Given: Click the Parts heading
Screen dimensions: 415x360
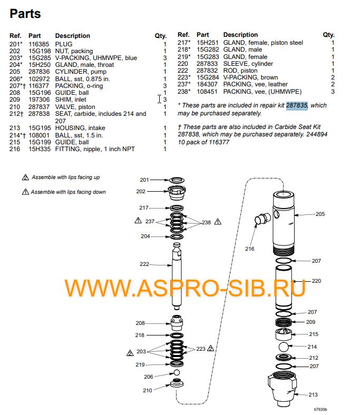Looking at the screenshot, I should coord(25,13).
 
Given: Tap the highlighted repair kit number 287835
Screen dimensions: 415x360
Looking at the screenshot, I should coord(297,105).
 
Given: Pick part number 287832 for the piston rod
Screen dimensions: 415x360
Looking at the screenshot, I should coord(207,71).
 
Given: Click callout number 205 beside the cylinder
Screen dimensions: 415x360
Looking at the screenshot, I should coord(320,214).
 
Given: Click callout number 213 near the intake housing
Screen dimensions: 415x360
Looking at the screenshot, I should coord(313,394).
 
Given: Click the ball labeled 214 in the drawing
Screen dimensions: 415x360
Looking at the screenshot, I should coord(284,347).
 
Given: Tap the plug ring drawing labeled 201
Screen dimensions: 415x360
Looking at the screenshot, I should coord(178,180).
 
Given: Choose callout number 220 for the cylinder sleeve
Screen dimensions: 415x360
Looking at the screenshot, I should coord(316,281).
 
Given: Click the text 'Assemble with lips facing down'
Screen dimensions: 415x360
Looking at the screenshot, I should coord(68,192).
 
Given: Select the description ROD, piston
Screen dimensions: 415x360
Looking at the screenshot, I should coord(240,71).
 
